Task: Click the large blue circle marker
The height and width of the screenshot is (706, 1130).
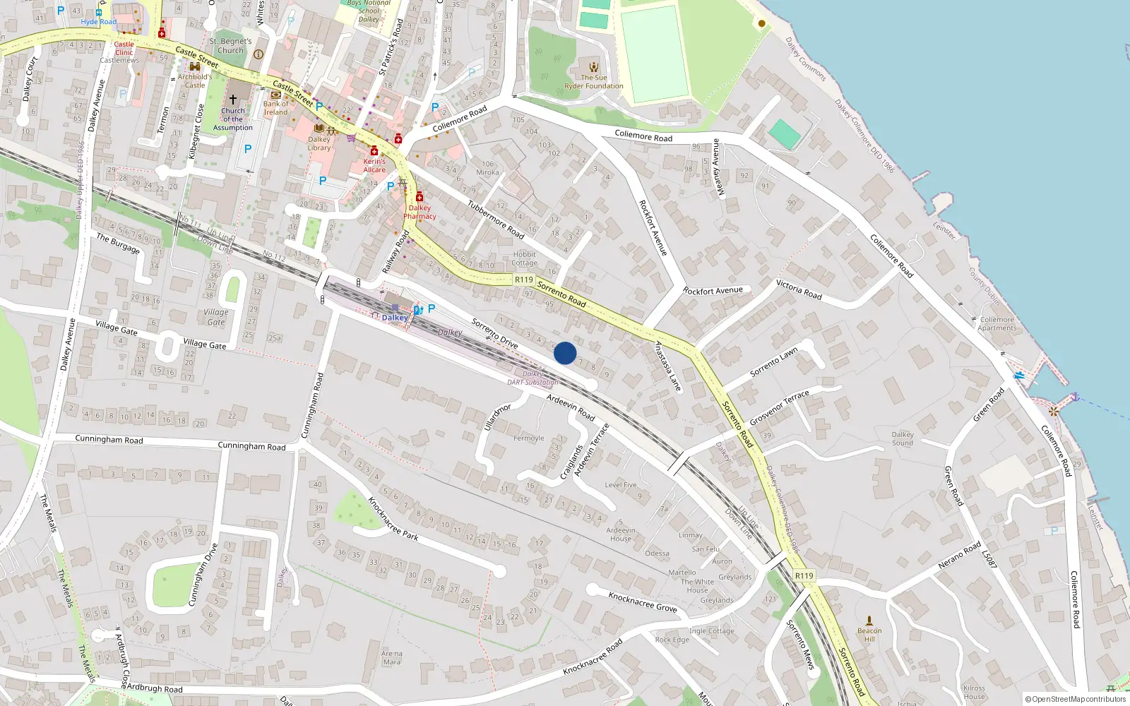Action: pos(565,353)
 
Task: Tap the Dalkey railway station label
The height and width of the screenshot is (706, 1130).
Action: pos(394,318)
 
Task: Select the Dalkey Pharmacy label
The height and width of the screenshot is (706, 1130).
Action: pos(420,212)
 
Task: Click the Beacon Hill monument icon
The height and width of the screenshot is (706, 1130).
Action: pos(869,621)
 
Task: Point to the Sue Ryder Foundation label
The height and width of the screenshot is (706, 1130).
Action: pos(593,82)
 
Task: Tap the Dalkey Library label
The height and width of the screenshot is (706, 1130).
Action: pos(319,143)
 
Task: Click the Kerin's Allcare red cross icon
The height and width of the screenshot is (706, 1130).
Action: pos(374,151)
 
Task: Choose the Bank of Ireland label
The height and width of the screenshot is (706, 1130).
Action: pos(275,108)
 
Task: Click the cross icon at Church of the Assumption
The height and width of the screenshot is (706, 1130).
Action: pos(232,100)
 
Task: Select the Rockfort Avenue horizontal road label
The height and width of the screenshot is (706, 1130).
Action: pos(713,291)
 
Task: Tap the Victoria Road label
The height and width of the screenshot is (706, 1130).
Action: pos(799,289)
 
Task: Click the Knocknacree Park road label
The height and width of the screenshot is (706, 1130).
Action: pos(393,519)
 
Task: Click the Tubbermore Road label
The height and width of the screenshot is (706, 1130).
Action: pos(496,219)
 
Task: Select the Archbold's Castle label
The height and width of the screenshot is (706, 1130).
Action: pos(194,81)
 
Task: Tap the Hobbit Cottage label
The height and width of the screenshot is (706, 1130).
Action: pos(524,258)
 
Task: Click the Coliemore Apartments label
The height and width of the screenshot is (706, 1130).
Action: pos(997,323)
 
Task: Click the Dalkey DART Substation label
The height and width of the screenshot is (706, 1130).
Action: pos(533,378)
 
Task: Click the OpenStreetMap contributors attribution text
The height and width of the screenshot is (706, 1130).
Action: pos(1075,699)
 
